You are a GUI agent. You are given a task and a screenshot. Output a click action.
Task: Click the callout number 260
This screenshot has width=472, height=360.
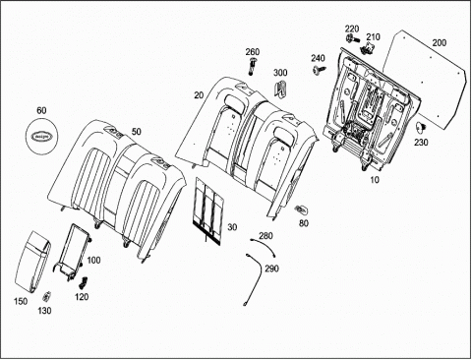pos(253,52)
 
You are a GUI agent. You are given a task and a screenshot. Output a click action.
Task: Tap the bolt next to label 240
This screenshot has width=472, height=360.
pos(320,70)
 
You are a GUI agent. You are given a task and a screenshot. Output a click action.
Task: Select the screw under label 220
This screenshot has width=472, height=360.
pos(350,38)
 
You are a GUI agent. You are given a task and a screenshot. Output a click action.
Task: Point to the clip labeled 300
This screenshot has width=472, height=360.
pos(280,89)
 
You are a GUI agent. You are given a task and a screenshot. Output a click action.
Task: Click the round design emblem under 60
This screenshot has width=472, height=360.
pos(41,135)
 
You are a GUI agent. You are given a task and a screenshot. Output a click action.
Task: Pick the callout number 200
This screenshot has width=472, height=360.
pos(440,42)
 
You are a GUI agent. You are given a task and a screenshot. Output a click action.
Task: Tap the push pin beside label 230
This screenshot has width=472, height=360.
pos(421,127)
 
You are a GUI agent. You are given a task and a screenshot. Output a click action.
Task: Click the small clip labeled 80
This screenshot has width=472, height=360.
pos(301,209)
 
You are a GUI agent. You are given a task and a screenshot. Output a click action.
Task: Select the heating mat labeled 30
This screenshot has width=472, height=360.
pos(208,210)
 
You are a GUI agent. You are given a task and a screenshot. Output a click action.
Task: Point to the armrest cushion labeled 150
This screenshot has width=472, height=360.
pos(32,262)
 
